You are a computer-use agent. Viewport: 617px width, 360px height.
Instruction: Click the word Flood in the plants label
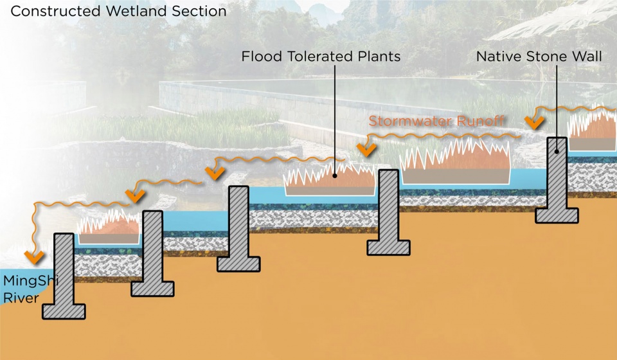point(260,57)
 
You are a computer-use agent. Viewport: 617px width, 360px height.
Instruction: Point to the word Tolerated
point(315,57)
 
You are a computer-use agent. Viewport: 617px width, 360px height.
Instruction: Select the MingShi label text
point(25,282)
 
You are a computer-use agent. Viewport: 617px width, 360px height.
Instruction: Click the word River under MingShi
point(17,298)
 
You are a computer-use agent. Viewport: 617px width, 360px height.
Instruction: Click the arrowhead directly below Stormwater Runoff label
point(366,150)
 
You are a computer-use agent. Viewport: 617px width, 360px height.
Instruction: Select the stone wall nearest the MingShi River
point(64,276)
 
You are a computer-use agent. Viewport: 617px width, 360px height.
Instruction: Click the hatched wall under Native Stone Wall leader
point(557,180)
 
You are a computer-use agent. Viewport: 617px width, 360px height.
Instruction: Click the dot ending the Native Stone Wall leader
point(557,151)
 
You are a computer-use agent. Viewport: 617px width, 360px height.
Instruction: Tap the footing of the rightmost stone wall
point(557,214)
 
